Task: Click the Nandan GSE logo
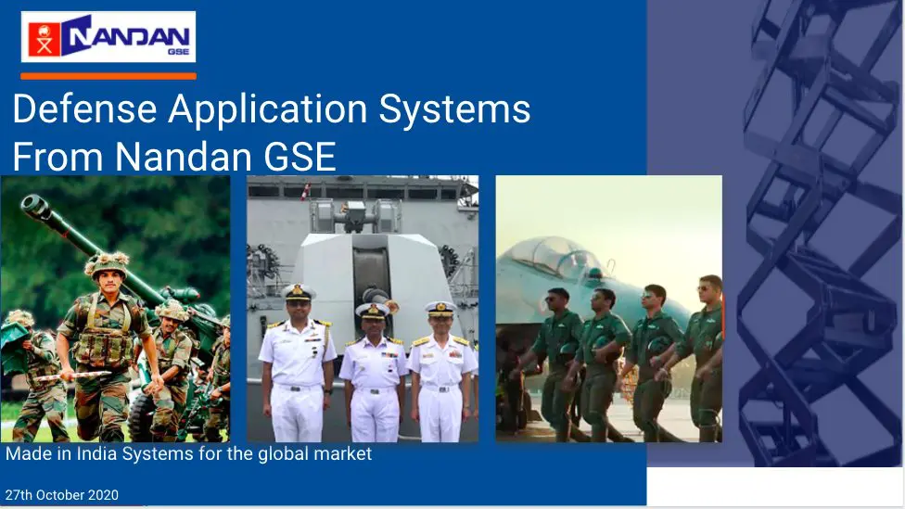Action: [x=108, y=36]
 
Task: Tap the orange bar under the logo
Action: [x=108, y=76]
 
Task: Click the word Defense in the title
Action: [x=85, y=108]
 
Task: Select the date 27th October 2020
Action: [x=62, y=495]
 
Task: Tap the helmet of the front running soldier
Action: [x=107, y=264]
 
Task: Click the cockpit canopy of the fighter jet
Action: [x=551, y=255]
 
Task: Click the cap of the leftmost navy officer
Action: [x=299, y=292]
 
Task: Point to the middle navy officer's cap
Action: [x=373, y=311]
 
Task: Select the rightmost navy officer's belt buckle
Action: [x=442, y=389]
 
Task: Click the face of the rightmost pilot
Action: [x=707, y=292]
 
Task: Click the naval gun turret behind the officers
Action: [x=368, y=272]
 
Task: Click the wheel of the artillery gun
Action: [x=142, y=416]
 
